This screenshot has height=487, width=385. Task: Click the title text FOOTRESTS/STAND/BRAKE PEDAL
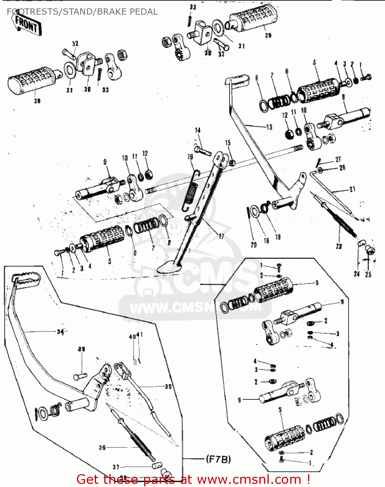coord(82,12)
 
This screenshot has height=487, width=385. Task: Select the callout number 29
coord(268,35)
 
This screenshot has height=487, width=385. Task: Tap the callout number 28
coord(37,101)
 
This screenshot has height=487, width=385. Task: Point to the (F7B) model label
coord(218,459)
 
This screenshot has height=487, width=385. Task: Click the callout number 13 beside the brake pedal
coord(269,127)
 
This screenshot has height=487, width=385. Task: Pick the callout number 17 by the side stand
coord(221,236)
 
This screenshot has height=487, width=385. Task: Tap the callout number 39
coord(81,349)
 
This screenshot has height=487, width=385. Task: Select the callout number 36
coord(102,447)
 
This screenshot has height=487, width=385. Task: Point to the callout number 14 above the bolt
coord(198,130)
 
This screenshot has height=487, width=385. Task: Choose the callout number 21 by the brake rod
coord(353,189)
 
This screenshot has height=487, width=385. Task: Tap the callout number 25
coord(368,274)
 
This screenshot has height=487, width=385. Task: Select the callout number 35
coord(168,386)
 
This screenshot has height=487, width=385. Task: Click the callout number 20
coord(254,245)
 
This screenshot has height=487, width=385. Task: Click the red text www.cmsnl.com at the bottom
coord(249,479)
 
